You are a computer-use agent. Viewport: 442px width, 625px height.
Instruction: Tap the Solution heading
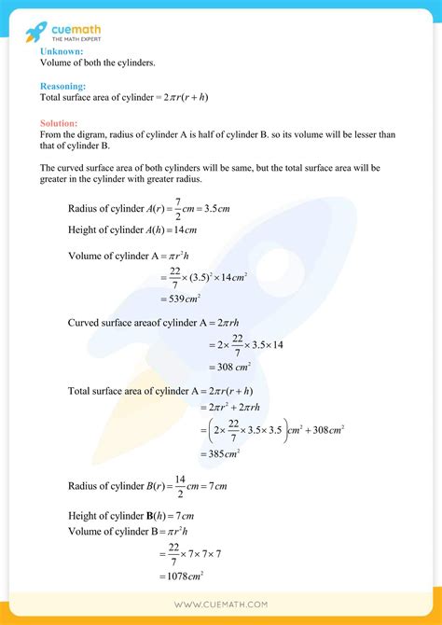60,123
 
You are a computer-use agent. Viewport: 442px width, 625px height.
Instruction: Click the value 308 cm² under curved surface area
228,368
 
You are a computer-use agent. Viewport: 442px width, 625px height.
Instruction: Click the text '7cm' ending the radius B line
216,487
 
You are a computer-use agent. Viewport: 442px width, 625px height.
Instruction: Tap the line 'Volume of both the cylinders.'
98,63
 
